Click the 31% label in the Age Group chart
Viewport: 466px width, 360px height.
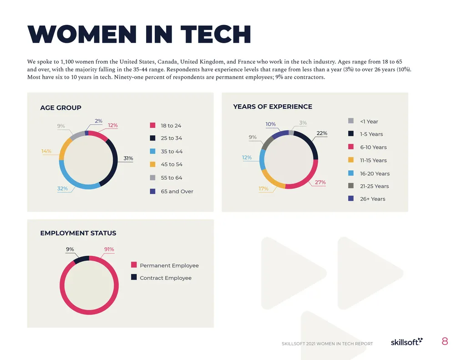point(128,158)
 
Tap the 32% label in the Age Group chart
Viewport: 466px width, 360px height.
point(62,188)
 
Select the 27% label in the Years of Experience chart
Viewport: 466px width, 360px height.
point(320,183)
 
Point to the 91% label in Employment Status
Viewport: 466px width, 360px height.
point(109,249)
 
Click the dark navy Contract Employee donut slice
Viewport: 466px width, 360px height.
point(81,260)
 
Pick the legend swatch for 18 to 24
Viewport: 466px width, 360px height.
point(153,126)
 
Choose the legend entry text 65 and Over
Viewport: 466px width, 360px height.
point(177,192)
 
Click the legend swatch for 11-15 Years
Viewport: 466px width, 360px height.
point(351,160)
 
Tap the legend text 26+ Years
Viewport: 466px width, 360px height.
point(372,199)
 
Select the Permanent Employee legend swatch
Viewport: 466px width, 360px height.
point(134,265)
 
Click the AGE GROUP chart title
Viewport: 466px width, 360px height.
point(61,108)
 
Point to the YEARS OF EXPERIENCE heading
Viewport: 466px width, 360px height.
point(273,106)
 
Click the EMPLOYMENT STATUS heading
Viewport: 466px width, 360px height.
point(78,233)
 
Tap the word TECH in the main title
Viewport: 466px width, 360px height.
point(215,35)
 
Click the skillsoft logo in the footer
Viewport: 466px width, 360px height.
point(406,342)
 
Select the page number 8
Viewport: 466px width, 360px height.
point(445,341)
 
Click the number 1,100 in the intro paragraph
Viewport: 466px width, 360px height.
point(68,61)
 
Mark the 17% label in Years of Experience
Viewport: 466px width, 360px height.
point(263,189)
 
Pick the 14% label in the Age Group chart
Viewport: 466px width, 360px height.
point(46,151)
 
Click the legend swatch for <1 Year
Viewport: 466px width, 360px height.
point(351,121)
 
